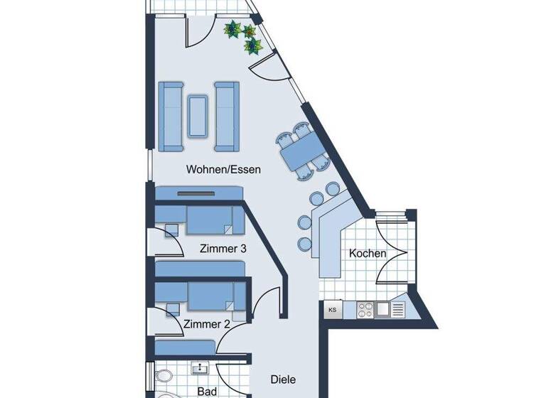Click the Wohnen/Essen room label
click(x=223, y=170)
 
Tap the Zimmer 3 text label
click(x=223, y=249)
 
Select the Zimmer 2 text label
click(x=206, y=324)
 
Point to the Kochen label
click(x=368, y=253)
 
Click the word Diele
click(x=283, y=380)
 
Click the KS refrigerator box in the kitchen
click(x=333, y=310)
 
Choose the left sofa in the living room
click(x=171, y=116)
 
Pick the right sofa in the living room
click(x=226, y=116)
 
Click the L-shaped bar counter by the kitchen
click(x=329, y=235)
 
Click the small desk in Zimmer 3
click(x=171, y=230)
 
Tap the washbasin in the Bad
click(x=200, y=368)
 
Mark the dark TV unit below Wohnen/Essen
click(x=200, y=193)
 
